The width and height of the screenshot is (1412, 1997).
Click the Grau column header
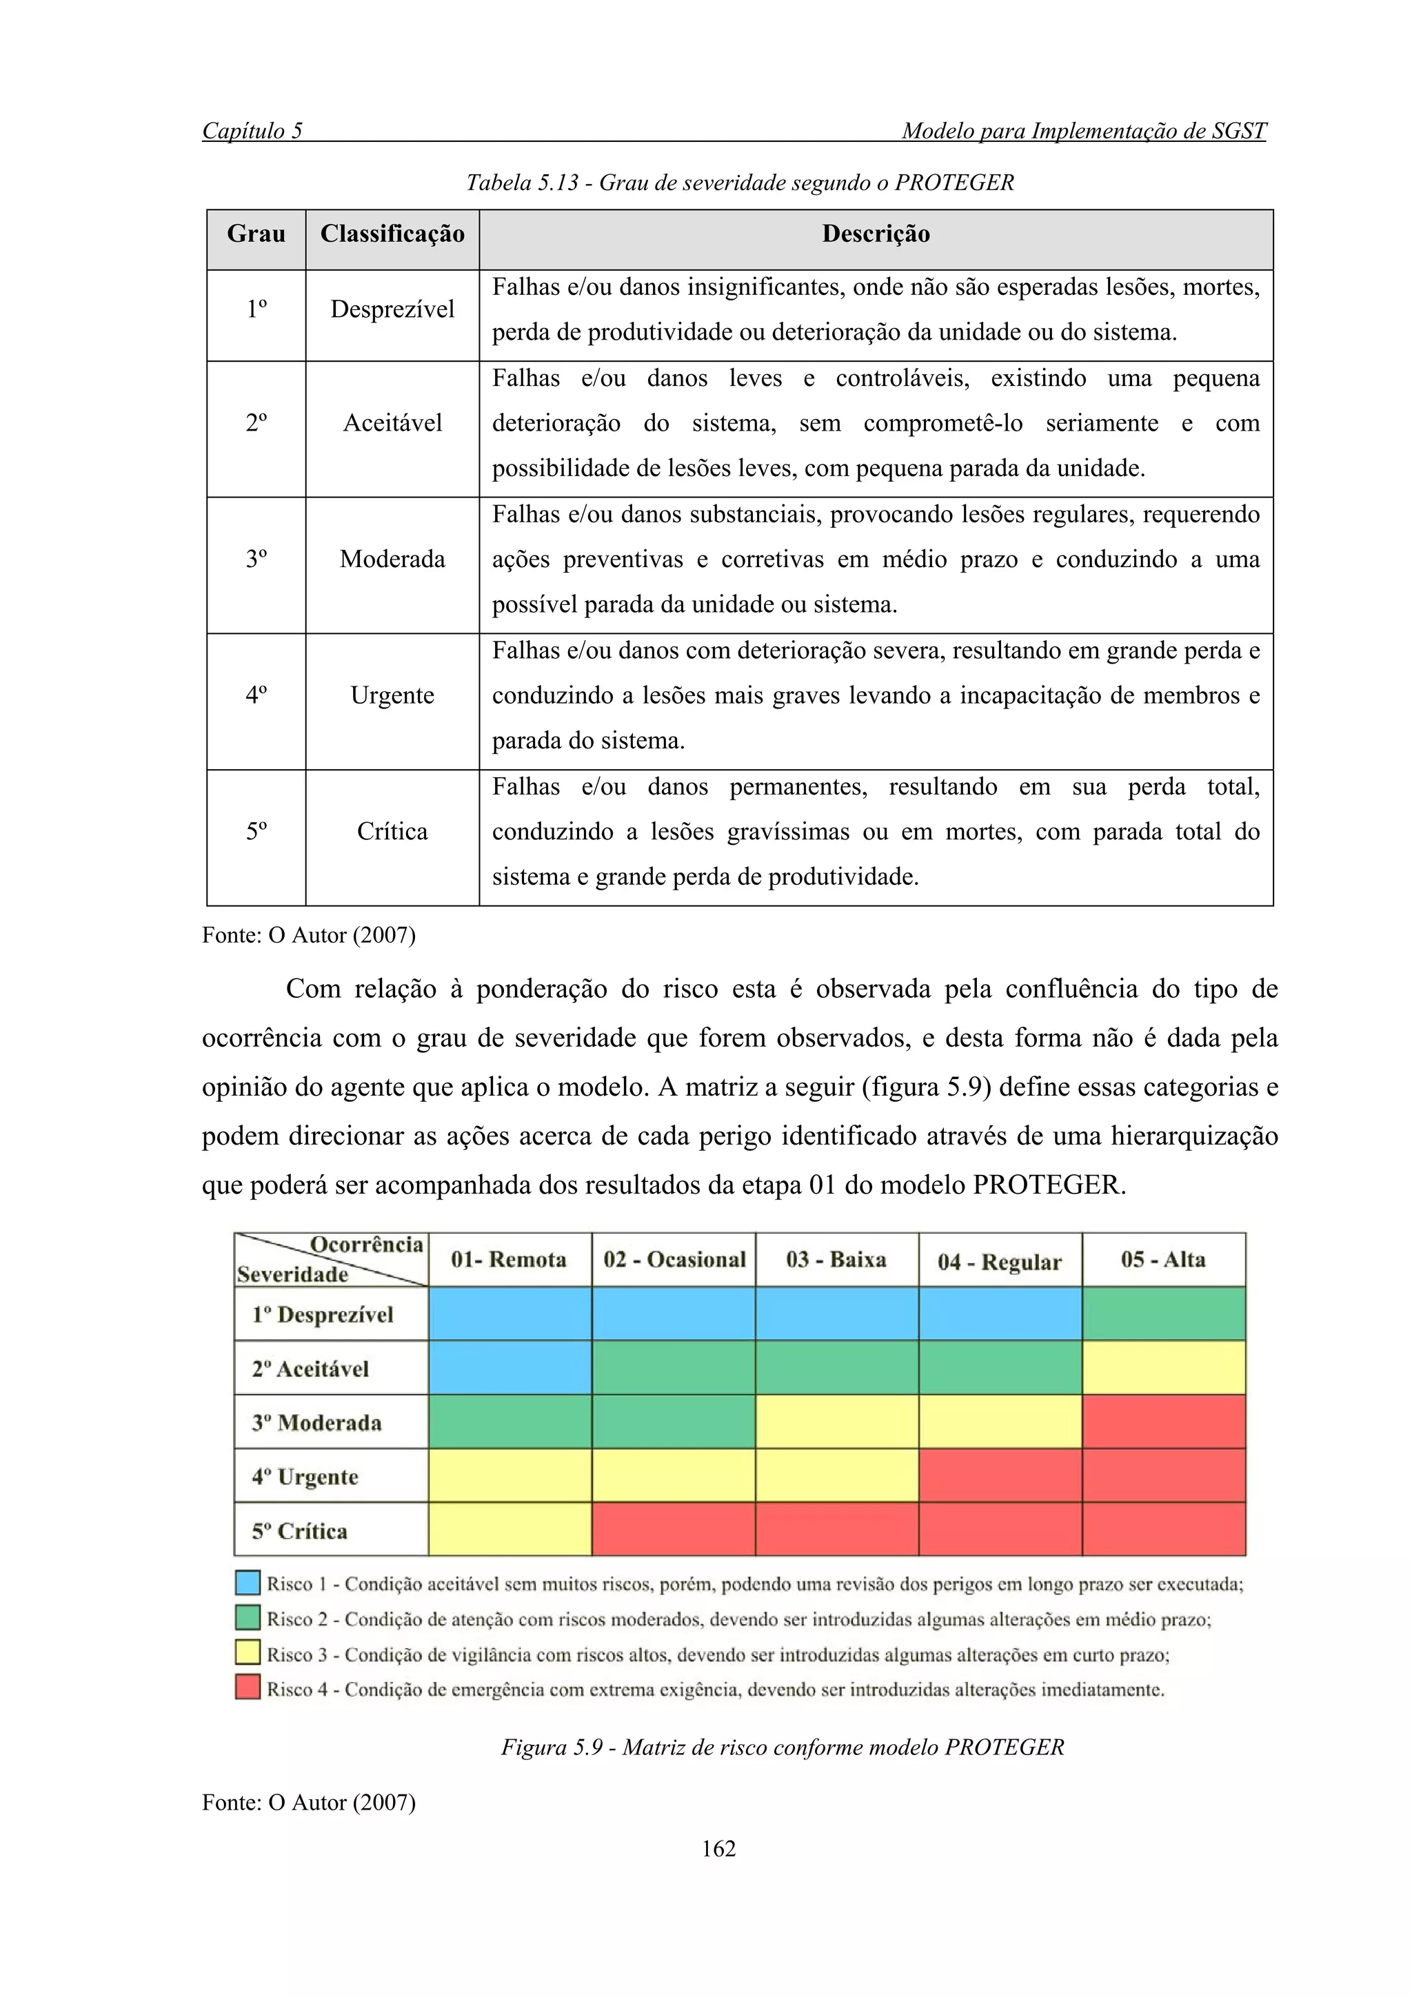click(x=256, y=234)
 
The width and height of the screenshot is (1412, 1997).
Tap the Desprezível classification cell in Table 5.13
click(x=392, y=309)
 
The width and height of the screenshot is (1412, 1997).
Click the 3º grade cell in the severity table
click(x=256, y=560)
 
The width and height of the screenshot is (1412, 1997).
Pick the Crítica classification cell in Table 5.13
click(x=392, y=832)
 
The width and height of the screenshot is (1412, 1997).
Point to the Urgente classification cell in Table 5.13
click(x=392, y=696)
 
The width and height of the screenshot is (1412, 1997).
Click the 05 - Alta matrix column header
click(x=1162, y=1260)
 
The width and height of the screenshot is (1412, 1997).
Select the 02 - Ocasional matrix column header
click(x=674, y=1260)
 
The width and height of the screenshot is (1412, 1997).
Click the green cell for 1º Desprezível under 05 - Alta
click(x=1163, y=1313)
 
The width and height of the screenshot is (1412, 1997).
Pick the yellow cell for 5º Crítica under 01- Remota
click(x=510, y=1530)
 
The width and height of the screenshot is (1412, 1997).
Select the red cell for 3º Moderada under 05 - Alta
click(x=1163, y=1422)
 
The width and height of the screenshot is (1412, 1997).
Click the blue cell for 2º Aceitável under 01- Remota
click(x=510, y=1368)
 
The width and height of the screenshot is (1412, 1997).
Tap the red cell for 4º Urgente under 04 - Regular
click(x=1000, y=1476)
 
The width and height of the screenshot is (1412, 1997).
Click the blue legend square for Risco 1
click(x=248, y=1582)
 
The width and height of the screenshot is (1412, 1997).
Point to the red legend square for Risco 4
click(x=248, y=1688)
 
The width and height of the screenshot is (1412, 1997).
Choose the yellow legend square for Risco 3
click(x=248, y=1652)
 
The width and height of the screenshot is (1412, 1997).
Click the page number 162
click(x=718, y=1849)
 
